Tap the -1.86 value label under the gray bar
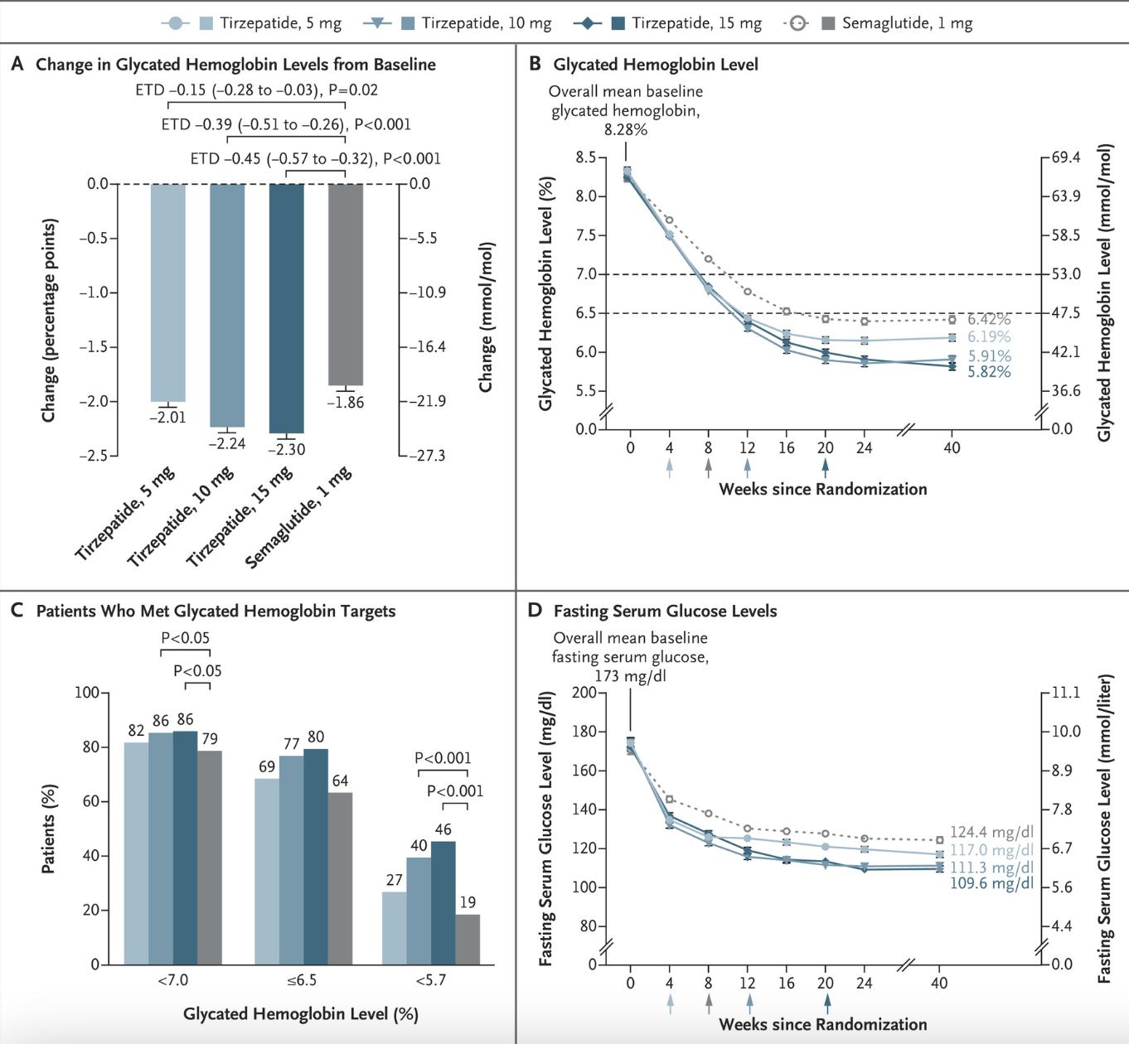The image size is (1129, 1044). pyautogui.click(x=345, y=403)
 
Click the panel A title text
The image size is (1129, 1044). pyautogui.click(x=235, y=65)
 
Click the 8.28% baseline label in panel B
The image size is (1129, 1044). pyautogui.click(x=625, y=130)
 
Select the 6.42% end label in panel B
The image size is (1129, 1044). pyautogui.click(x=989, y=319)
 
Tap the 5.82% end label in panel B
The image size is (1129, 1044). pyautogui.click(x=989, y=372)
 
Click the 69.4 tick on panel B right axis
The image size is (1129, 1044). pyautogui.click(x=1066, y=157)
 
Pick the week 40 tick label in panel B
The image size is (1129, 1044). pyautogui.click(x=952, y=448)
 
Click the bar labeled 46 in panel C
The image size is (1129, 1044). pyautogui.click(x=443, y=903)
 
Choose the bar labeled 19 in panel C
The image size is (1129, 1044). pyautogui.click(x=468, y=940)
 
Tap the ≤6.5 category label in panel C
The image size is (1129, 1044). pyautogui.click(x=302, y=980)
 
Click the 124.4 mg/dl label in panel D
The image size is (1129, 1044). pyautogui.click(x=991, y=832)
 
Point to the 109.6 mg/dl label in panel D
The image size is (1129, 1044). pyautogui.click(x=991, y=884)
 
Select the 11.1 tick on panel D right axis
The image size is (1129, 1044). pyautogui.click(x=1066, y=693)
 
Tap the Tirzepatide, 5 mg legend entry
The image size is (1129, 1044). pyautogui.click(x=280, y=23)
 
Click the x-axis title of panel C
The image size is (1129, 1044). pyautogui.click(x=300, y=1013)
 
